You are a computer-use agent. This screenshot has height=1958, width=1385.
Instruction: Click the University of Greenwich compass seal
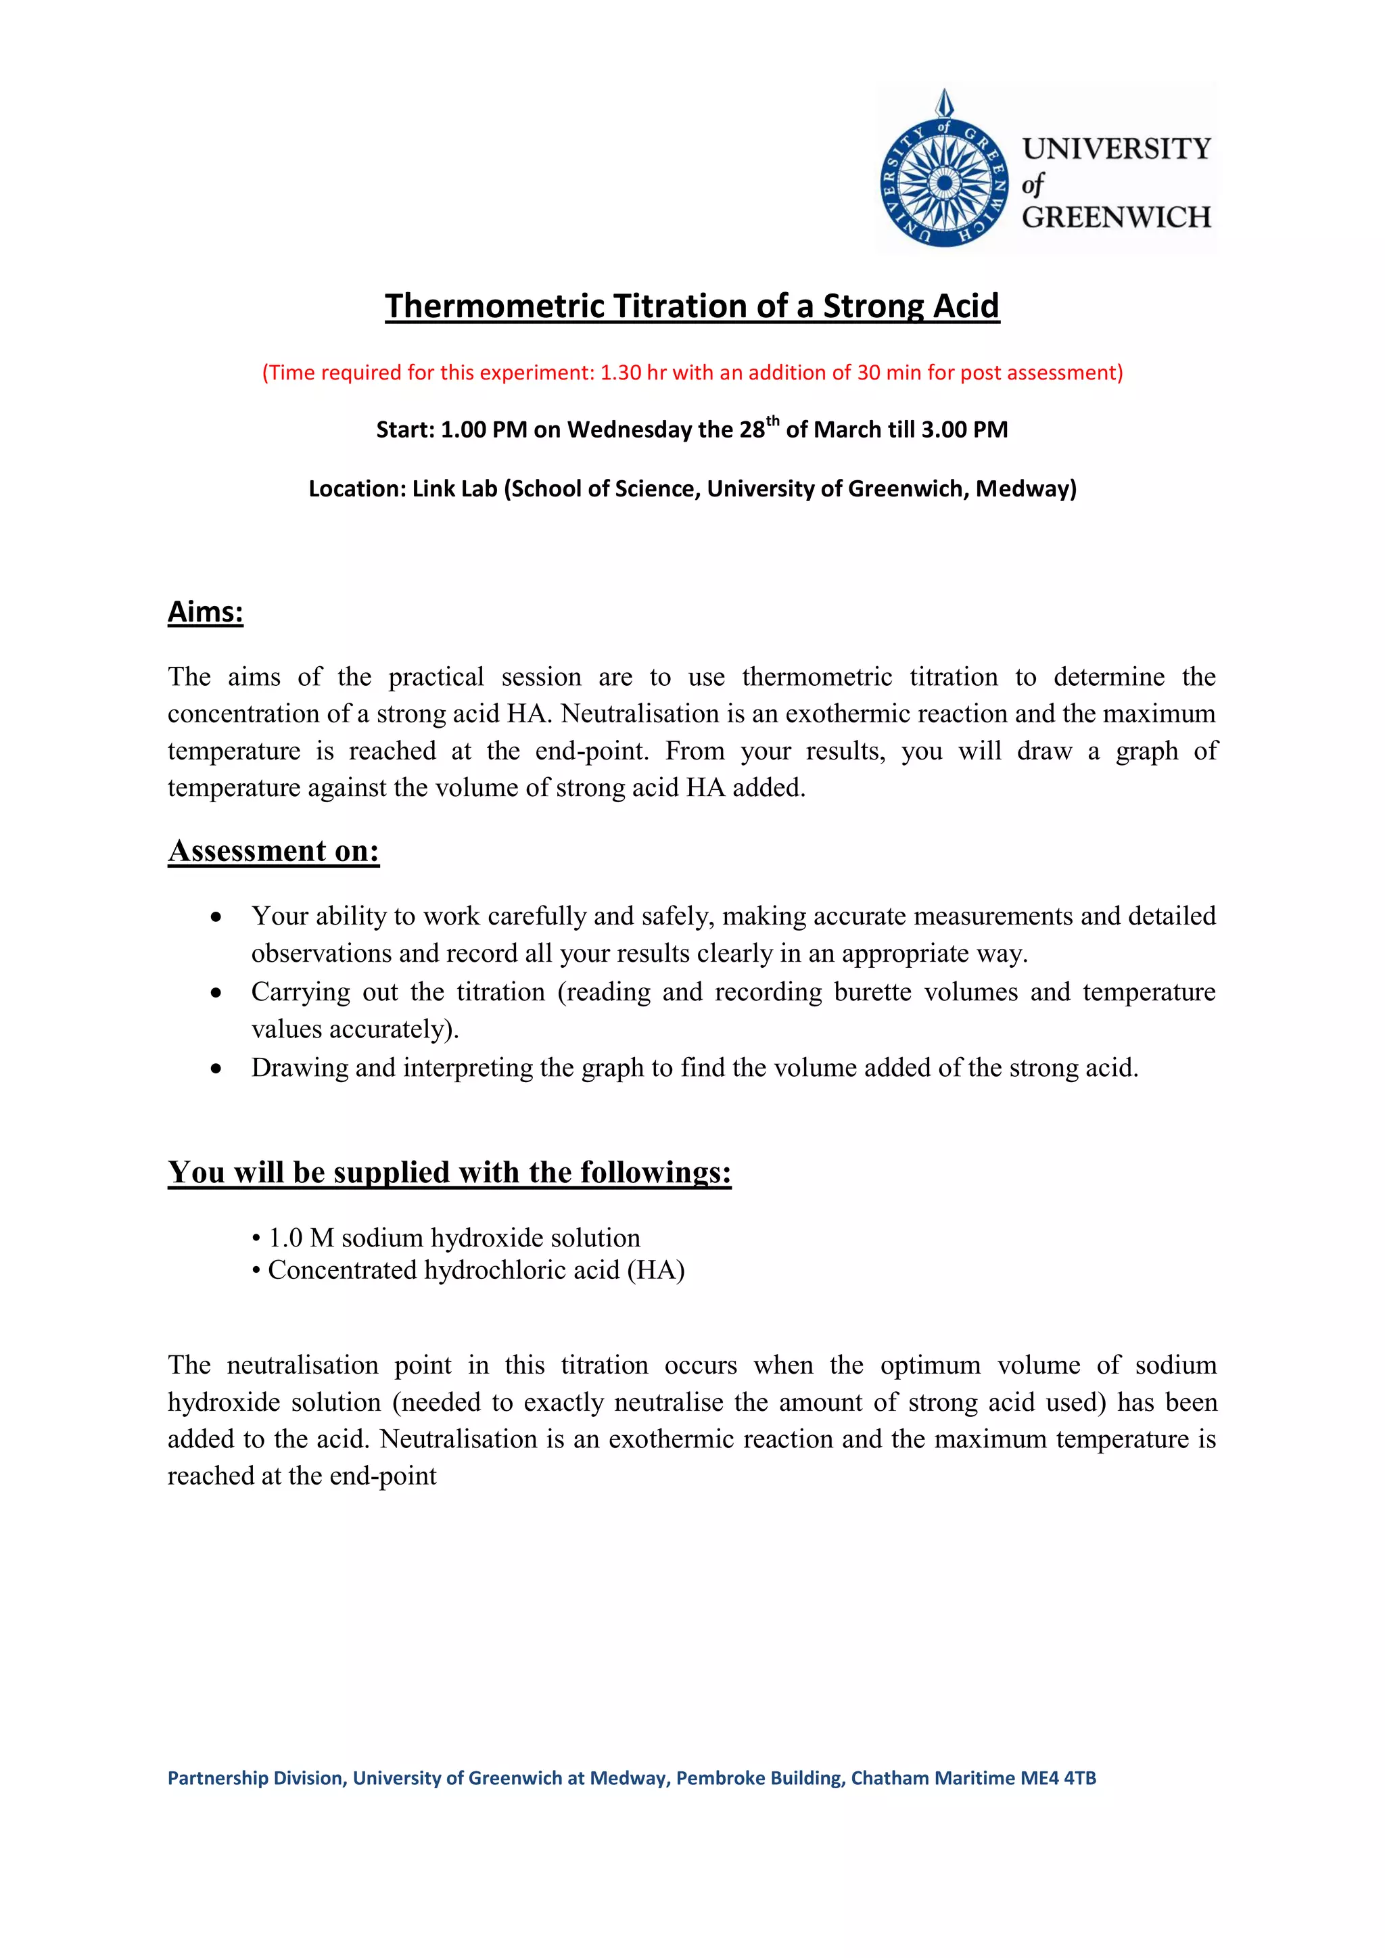[x=944, y=183]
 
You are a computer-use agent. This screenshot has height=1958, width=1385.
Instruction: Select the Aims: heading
[x=206, y=611]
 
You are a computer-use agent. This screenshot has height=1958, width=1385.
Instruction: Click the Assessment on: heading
[x=274, y=850]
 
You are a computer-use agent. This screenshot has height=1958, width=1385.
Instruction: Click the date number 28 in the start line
[x=752, y=429]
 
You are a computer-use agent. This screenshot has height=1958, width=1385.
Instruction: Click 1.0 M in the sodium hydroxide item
[x=301, y=1238]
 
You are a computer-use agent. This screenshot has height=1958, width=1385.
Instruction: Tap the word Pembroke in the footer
[x=714, y=1778]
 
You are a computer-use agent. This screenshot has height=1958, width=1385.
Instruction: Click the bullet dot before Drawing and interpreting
[x=216, y=1069]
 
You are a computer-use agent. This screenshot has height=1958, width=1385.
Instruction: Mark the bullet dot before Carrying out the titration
[x=216, y=993]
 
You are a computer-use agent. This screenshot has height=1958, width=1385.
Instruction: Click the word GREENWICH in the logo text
[x=1117, y=218]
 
